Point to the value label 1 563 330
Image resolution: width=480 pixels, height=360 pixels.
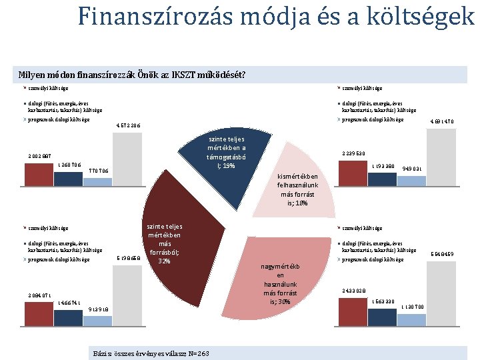pos(383,301)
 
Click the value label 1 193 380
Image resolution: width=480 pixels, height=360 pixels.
pos(383,165)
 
